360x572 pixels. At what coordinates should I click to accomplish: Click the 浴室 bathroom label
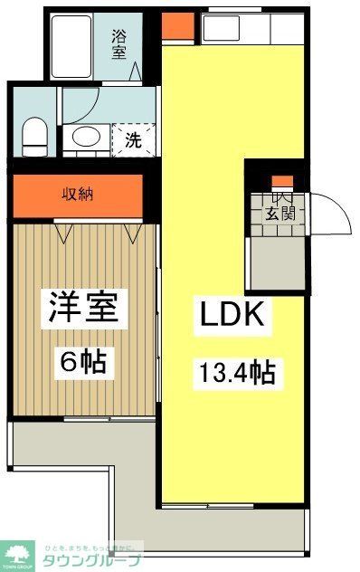[119, 44]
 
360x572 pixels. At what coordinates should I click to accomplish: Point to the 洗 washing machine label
[131, 140]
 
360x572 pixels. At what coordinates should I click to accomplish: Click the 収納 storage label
[77, 195]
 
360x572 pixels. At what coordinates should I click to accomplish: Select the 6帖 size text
[83, 362]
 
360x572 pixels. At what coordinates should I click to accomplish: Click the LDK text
[232, 316]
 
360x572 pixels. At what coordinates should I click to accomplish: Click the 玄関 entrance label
[279, 214]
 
